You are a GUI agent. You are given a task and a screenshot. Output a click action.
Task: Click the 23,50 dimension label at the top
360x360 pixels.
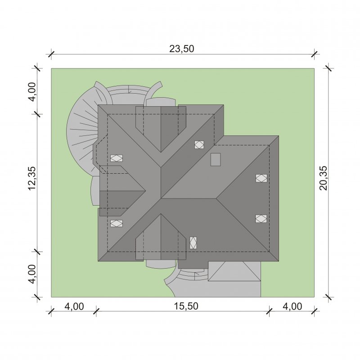pos(182,49)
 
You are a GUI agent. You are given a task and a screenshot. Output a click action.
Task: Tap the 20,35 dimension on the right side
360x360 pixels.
pos(324,178)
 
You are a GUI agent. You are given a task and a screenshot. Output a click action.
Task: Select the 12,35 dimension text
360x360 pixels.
pos(32,178)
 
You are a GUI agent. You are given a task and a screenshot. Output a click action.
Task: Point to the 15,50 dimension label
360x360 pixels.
pos(186,306)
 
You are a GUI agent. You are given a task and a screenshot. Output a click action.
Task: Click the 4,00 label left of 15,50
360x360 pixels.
pos(74,306)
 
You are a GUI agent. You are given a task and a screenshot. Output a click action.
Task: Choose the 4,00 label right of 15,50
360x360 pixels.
pos(292,306)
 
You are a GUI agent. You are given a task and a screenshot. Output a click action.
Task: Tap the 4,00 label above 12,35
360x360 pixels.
pos(32,92)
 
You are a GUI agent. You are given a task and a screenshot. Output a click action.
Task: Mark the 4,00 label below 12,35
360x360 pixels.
pos(32,274)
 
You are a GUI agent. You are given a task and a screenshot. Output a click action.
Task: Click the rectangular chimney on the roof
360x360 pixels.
pos(216,159)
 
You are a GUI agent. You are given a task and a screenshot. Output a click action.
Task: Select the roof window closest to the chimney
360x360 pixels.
pos(199,144)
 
